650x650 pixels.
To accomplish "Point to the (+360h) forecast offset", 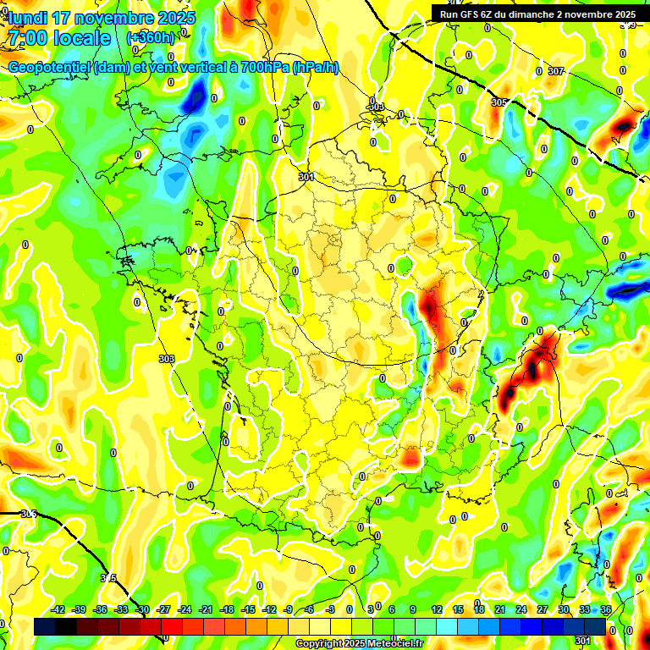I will pyautogui.click(x=151, y=38).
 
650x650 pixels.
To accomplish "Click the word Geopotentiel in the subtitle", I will pyautogui.click(x=50, y=68).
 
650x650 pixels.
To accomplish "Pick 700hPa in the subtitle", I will pyautogui.click(x=264, y=68).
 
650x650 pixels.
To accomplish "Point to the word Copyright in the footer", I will pyautogui.click(x=319, y=644).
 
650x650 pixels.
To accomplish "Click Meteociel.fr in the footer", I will pyautogui.click(x=395, y=644).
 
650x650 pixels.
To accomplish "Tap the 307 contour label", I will pyautogui.click(x=555, y=72).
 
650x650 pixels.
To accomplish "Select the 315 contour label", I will pyautogui.click(x=108, y=578).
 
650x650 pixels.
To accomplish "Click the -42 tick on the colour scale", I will pyautogui.click(x=58, y=610).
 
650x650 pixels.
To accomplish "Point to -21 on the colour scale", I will pyautogui.click(x=206, y=610).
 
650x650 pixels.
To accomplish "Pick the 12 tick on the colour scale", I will pyautogui.click(x=436, y=610).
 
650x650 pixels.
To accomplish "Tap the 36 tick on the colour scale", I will pyautogui.click(x=606, y=610).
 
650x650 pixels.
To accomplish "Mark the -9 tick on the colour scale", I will pyautogui.click(x=289, y=610).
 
